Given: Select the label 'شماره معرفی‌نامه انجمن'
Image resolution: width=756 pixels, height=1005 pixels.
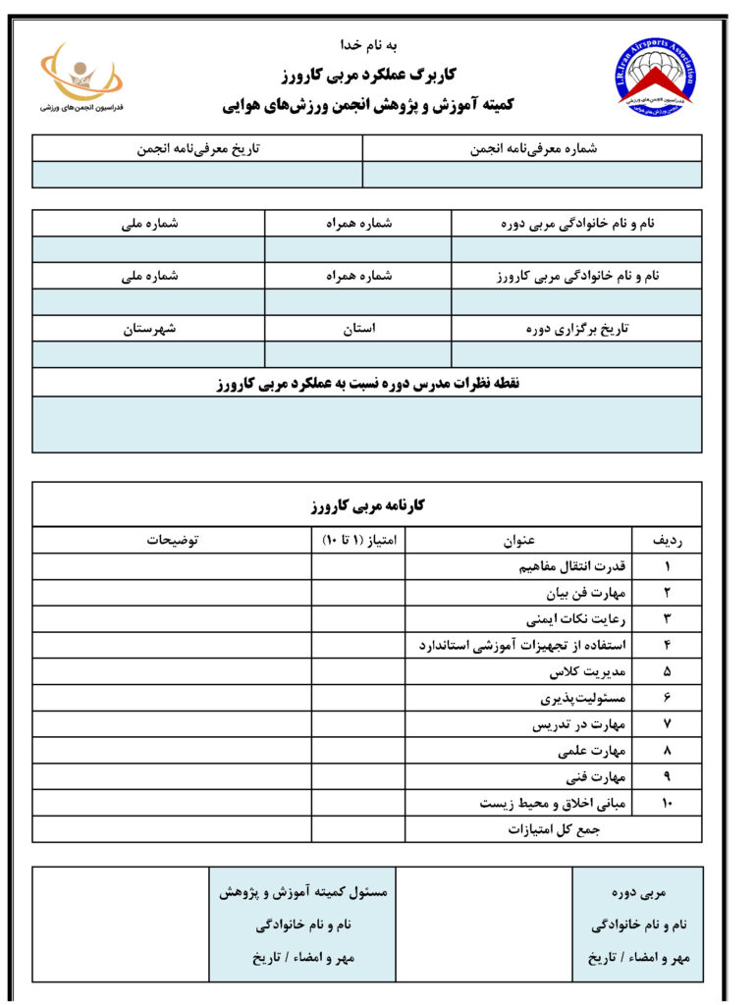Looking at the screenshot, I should [533, 148].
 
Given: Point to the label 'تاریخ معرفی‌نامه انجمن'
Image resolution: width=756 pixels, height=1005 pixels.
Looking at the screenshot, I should [197, 148].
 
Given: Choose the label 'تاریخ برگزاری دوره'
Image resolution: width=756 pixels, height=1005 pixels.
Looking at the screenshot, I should [576, 329].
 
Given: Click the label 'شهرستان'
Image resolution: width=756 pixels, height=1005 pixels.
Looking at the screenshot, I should [149, 329].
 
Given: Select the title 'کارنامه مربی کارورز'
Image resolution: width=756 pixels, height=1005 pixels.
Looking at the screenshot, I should [366, 505].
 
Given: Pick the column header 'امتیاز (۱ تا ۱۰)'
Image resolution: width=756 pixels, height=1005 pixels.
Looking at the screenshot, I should [358, 540].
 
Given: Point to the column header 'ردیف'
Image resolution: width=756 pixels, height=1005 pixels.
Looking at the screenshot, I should [668, 540].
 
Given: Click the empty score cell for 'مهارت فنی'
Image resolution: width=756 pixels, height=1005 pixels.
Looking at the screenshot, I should [358, 777].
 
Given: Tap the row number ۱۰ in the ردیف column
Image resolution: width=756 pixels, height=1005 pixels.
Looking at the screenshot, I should [668, 804].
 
